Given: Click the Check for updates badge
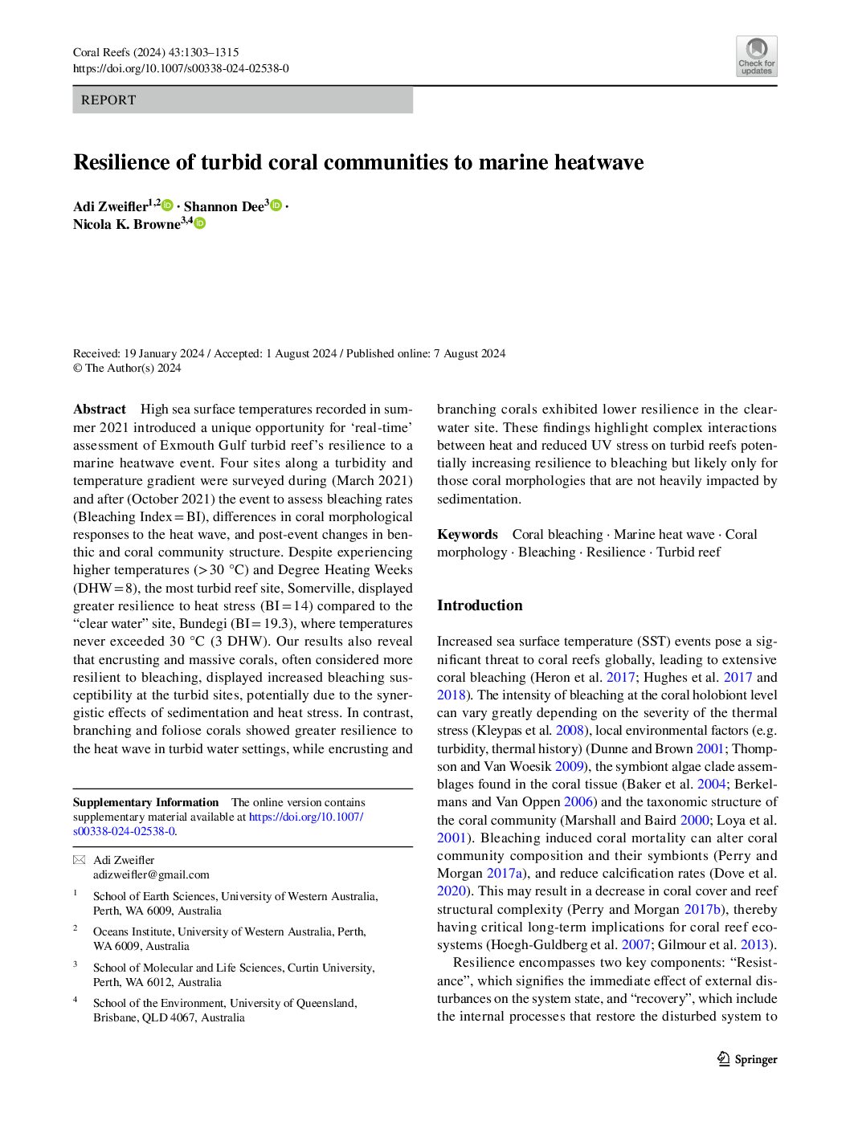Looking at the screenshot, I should pos(756,56).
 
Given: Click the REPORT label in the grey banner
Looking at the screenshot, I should pos(108,100).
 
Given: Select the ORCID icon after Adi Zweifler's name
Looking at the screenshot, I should pos(168,206).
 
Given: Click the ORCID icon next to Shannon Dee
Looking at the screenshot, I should pos(276,206).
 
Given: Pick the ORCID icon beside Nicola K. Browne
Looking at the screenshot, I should pos(199,223).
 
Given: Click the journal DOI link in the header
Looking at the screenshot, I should pos(181,69).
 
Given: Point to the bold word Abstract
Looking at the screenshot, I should pos(100,409).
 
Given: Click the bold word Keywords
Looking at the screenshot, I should pos(468,534).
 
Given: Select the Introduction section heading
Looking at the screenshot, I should pos(480,605).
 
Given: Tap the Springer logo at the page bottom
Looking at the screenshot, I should pos(747,1059).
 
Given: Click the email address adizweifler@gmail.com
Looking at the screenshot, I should pos(151,874).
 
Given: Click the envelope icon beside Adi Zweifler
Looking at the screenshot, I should pos(79,860).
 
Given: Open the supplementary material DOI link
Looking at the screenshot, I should pos(305,817).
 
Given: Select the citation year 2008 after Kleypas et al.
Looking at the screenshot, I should pos(570,730).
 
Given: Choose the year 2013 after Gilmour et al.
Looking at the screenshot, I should pos(755,944).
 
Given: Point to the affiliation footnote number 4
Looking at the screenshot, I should pos(76,1001).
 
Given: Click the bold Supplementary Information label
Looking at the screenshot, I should pos(145,802).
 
